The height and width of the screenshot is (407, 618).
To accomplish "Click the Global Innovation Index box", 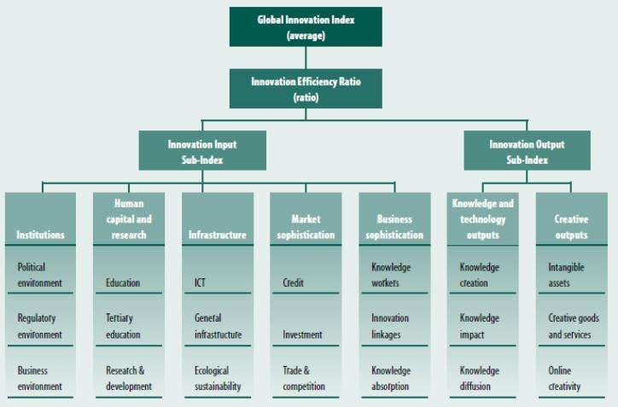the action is pos(306,26).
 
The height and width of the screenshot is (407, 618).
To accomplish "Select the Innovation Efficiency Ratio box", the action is pos(306,89).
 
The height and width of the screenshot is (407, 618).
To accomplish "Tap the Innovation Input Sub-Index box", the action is pos(202,150).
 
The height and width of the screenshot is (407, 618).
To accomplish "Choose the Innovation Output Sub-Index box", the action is pos(527,150).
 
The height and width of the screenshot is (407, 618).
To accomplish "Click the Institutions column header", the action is pos(40,219).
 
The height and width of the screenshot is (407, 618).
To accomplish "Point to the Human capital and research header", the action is pos(129,219).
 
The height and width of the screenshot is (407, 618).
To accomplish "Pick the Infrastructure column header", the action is pos(218,219).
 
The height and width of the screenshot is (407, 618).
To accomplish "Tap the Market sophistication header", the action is pos(306,219).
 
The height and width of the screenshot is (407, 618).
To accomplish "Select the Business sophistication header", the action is pos(394,219).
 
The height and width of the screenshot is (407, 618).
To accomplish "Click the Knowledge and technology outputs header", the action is pos(483,219).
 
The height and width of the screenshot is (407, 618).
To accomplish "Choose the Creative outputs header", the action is pos(572,219).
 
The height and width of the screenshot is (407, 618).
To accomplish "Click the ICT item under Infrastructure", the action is pos(200,282).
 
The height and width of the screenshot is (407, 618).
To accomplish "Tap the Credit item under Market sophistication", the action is pos(294,282).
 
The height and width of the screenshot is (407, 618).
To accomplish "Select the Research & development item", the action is pos(129,378).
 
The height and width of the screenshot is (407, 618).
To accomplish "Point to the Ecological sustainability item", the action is pos(218,378).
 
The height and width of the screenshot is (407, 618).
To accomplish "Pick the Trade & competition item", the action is pos(304,378).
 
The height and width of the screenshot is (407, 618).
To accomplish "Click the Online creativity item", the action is pos(564,378).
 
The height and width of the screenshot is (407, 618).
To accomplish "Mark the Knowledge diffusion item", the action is pos(479,378).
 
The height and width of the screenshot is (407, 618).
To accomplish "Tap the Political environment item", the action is pos(39,275).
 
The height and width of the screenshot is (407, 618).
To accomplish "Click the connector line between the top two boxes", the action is pos(306,57).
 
